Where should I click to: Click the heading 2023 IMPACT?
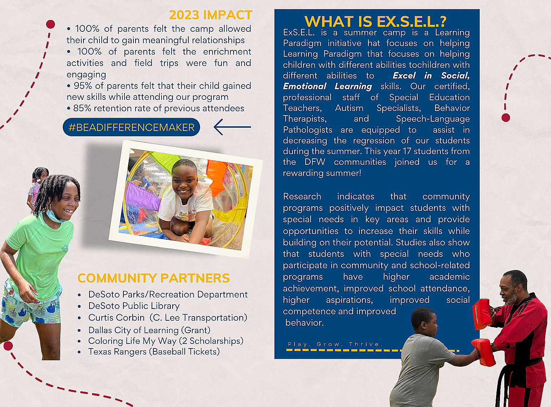click(x=211, y=15)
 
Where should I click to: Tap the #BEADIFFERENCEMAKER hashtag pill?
click(x=131, y=127)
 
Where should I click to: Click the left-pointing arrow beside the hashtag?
click(x=232, y=127)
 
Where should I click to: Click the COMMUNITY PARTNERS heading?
click(x=153, y=278)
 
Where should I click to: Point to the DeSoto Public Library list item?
click(x=134, y=306)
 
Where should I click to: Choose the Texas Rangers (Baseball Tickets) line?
click(x=154, y=352)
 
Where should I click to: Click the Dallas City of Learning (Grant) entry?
click(x=149, y=330)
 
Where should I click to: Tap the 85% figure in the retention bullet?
click(x=82, y=108)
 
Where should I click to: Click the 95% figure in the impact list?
click(x=83, y=86)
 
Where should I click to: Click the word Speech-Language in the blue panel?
click(x=433, y=119)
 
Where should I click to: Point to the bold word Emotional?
click(x=305, y=86)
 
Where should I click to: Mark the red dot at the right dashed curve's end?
click(x=506, y=117)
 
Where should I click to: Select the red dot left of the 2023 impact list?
click(x=50, y=24)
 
